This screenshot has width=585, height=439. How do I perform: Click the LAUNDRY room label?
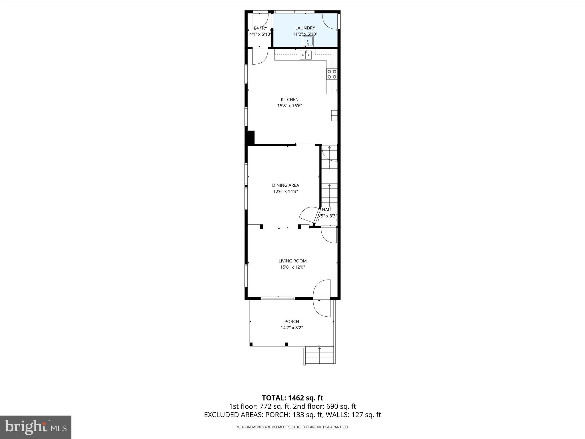(x=305, y=28)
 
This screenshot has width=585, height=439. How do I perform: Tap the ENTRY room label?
(x=260, y=28)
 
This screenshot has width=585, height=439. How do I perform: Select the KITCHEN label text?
(x=289, y=99)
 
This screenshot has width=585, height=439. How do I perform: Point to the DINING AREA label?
(x=285, y=185)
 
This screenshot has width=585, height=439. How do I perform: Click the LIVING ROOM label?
(x=292, y=261)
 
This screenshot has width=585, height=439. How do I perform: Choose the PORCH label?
(x=292, y=321)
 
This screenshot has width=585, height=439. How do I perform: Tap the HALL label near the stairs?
(x=327, y=210)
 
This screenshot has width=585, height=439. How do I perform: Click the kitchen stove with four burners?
(x=332, y=74)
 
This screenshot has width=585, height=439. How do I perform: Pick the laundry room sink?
(x=307, y=41)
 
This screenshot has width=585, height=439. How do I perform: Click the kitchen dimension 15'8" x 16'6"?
(x=290, y=106)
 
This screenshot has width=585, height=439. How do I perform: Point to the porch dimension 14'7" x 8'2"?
(x=292, y=328)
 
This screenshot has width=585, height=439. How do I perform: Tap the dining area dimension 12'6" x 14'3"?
(x=285, y=191)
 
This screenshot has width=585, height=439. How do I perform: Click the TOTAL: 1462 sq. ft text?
(x=292, y=398)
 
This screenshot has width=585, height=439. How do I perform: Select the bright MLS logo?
(x=36, y=427)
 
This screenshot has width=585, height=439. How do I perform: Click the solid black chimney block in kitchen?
(x=251, y=137)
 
